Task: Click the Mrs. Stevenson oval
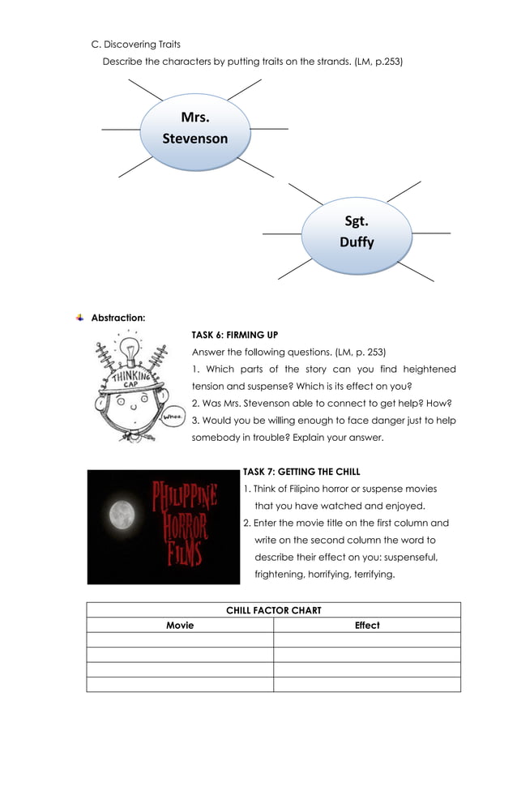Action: (x=195, y=128)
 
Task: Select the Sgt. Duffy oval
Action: (x=357, y=232)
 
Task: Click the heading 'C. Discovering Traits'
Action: (x=135, y=44)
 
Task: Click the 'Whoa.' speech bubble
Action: (x=174, y=418)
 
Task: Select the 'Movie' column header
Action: (x=180, y=625)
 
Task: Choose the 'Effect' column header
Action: (x=367, y=625)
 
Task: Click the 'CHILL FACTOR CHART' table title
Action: (x=274, y=610)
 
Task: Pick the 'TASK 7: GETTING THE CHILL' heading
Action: (x=301, y=472)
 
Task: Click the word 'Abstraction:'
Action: (x=118, y=318)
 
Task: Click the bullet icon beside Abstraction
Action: (x=79, y=318)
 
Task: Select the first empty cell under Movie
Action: (x=180, y=639)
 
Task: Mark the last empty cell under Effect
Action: (x=367, y=684)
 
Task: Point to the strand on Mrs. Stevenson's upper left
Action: (x=145, y=91)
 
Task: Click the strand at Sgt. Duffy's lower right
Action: (x=416, y=271)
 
